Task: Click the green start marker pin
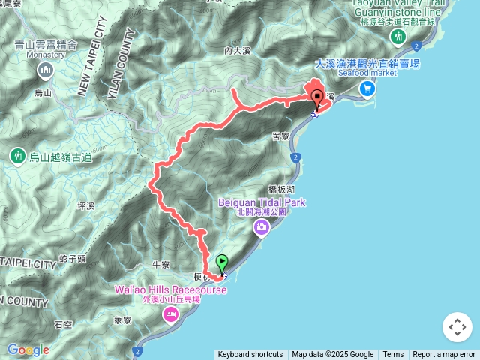[222, 263]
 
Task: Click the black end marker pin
[317, 98]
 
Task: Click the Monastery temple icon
[44, 71]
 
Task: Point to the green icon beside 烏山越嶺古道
[17, 157]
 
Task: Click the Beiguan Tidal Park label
[262, 202]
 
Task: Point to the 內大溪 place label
[235, 52]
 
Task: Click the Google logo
[27, 349]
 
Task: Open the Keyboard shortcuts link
[250, 355]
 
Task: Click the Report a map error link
[444, 355]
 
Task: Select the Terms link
[393, 355]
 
